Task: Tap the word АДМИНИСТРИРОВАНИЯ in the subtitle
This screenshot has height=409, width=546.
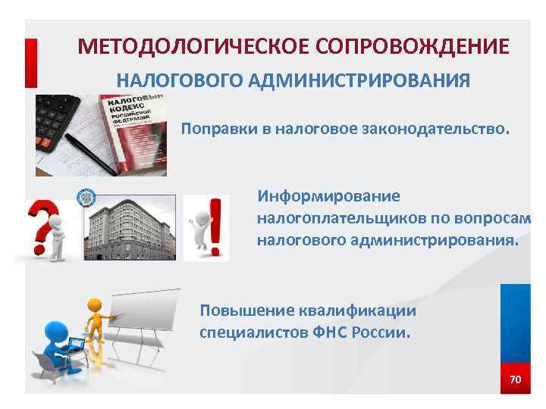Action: pyautogui.click(x=353, y=80)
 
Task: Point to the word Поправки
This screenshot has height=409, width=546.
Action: pyautogui.click(x=214, y=129)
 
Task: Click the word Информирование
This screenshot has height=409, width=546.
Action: pyautogui.click(x=328, y=196)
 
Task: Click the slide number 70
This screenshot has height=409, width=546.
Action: pyautogui.click(x=515, y=379)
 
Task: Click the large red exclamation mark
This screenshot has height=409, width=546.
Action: pyautogui.click(x=216, y=226)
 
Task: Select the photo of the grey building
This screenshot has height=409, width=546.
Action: pyautogui.click(x=129, y=226)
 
